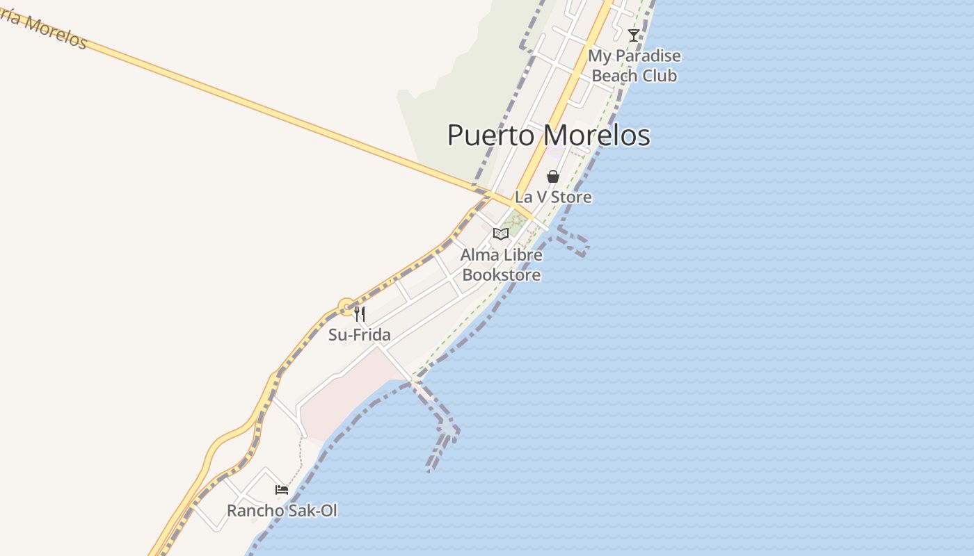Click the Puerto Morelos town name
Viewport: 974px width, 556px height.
[548, 135]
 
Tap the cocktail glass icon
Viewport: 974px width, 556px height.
[633, 35]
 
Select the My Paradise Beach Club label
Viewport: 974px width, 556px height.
[634, 65]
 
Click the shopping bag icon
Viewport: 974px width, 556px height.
[553, 177]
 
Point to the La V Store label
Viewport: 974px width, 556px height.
[553, 197]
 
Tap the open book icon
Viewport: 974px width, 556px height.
[501, 234]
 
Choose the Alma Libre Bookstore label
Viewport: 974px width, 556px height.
[501, 265]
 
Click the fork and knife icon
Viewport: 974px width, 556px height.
[360, 314]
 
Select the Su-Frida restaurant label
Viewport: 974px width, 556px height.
[359, 335]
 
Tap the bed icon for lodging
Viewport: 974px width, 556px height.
[282, 490]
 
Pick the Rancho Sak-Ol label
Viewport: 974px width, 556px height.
[282, 511]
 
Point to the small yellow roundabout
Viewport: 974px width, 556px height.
[346, 306]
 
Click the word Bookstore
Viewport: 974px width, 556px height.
[501, 275]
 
